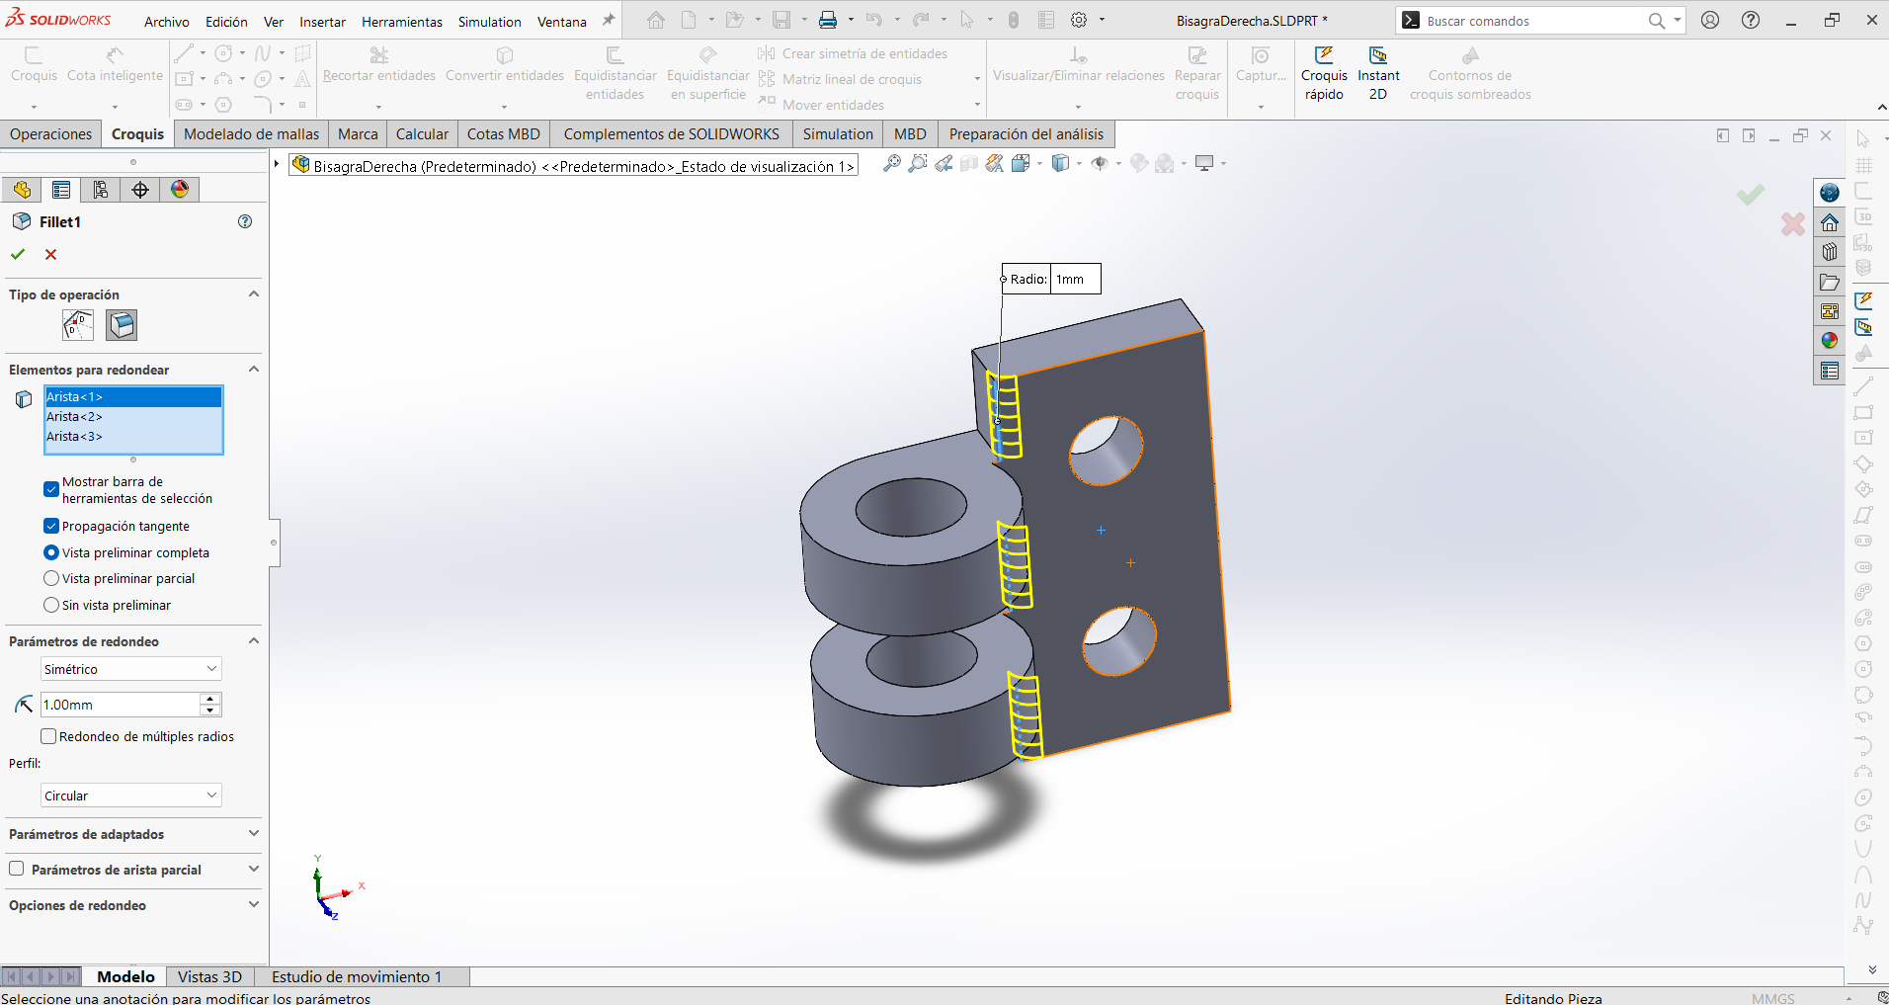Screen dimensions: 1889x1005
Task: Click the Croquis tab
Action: coord(137,134)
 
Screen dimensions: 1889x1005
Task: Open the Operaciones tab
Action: coord(51,134)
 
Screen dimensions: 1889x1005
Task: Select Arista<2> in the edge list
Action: coord(75,417)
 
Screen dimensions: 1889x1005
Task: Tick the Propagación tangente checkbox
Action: coord(51,526)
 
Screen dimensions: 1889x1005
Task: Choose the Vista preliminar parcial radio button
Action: coord(51,578)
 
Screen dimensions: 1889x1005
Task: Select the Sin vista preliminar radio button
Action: coord(51,605)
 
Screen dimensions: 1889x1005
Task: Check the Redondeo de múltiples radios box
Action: coord(47,736)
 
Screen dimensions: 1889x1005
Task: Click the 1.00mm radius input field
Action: coord(120,705)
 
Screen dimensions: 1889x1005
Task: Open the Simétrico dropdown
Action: coord(131,669)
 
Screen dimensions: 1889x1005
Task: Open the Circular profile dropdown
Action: coord(131,796)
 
